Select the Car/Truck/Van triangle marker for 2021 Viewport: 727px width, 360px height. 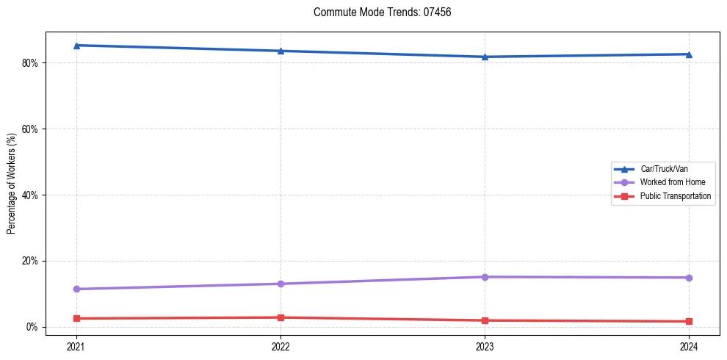click(x=76, y=46)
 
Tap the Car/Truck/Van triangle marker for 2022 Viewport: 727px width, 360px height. click(x=281, y=51)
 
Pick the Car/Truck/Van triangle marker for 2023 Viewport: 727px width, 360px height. click(x=485, y=57)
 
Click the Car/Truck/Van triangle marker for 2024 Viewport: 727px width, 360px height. click(x=689, y=54)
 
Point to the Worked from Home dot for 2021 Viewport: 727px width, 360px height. click(x=76, y=289)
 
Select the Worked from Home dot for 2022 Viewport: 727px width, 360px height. click(x=281, y=284)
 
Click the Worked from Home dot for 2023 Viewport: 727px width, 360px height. click(x=485, y=277)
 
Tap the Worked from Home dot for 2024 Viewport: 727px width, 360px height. click(x=689, y=278)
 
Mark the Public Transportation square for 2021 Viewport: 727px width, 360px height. click(x=76, y=318)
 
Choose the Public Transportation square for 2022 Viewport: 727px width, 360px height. click(x=281, y=317)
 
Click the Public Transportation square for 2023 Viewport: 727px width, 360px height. click(x=485, y=320)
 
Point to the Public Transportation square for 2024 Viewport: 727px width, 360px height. click(x=689, y=321)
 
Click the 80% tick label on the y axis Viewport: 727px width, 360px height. click(x=29, y=63)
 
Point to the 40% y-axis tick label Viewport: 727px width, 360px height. click(x=29, y=195)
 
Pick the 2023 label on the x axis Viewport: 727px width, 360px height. click(x=485, y=346)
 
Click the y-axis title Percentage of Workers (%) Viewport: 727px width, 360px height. click(x=12, y=184)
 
